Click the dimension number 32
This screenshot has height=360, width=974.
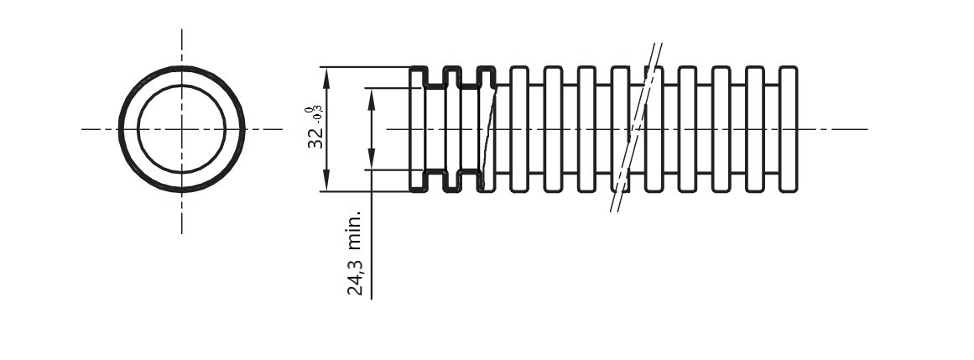click(x=315, y=138)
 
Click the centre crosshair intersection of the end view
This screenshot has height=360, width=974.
click(x=182, y=129)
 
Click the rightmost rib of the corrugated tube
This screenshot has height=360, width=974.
click(x=788, y=129)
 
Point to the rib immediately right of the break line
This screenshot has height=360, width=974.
click(x=654, y=129)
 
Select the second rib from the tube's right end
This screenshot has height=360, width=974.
click(x=754, y=129)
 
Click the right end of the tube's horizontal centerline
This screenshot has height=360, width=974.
click(x=866, y=129)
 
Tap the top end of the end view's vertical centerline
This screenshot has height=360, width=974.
click(x=182, y=30)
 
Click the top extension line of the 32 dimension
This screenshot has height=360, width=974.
click(x=361, y=67)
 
